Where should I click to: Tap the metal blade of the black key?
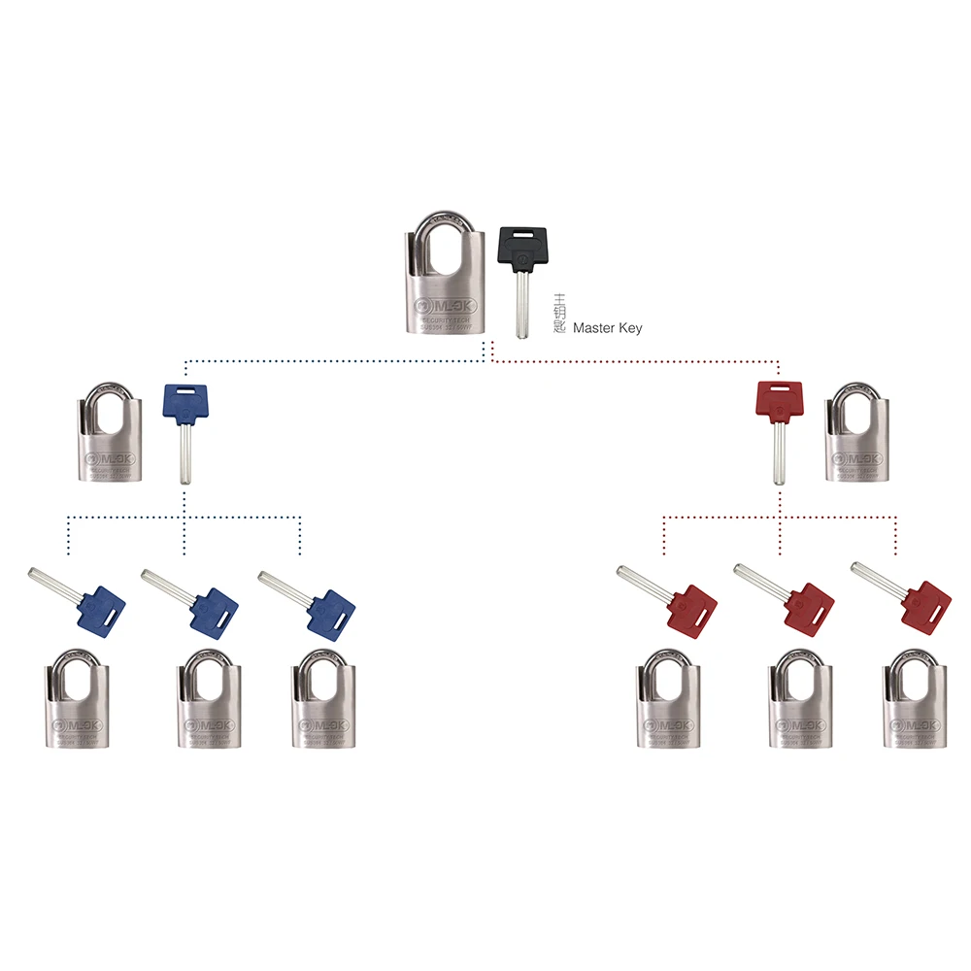[522, 306]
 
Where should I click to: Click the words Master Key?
[607, 329]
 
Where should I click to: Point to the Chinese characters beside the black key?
[558, 314]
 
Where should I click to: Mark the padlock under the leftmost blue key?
[79, 704]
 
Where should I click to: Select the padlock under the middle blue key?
[207, 704]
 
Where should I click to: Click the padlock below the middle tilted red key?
[800, 704]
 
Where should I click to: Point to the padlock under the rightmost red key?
[914, 704]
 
